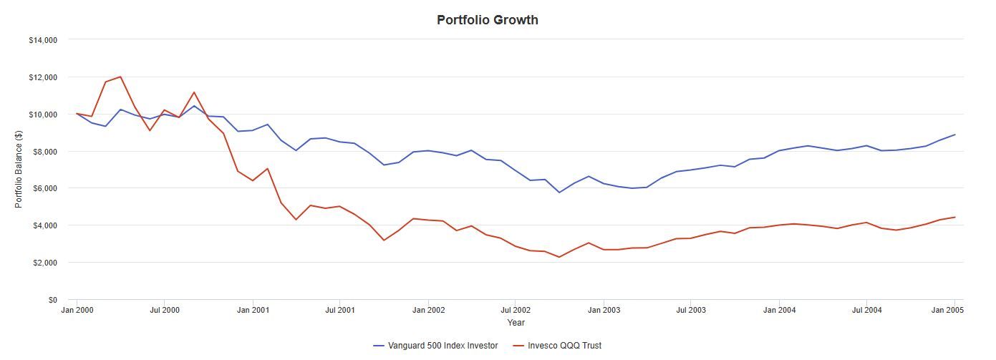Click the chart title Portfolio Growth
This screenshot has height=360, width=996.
click(487, 20)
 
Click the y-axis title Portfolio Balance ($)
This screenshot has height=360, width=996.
click(19, 169)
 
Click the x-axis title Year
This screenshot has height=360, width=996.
click(516, 323)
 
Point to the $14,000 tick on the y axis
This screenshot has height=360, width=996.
click(43, 40)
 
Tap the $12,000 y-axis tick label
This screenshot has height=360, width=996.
click(43, 77)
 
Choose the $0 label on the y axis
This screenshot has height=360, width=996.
click(52, 300)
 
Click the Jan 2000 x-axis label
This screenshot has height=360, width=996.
click(77, 311)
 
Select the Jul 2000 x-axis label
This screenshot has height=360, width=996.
click(165, 311)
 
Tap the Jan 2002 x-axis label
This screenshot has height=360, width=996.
click(428, 311)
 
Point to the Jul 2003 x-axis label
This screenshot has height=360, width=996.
click(691, 311)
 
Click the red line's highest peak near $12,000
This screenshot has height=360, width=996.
click(120, 77)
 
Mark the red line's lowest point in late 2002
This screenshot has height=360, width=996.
click(559, 257)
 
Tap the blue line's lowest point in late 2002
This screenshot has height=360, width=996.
click(559, 193)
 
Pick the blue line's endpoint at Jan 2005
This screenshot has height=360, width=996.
click(954, 135)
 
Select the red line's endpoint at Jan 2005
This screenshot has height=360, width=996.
click(954, 217)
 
